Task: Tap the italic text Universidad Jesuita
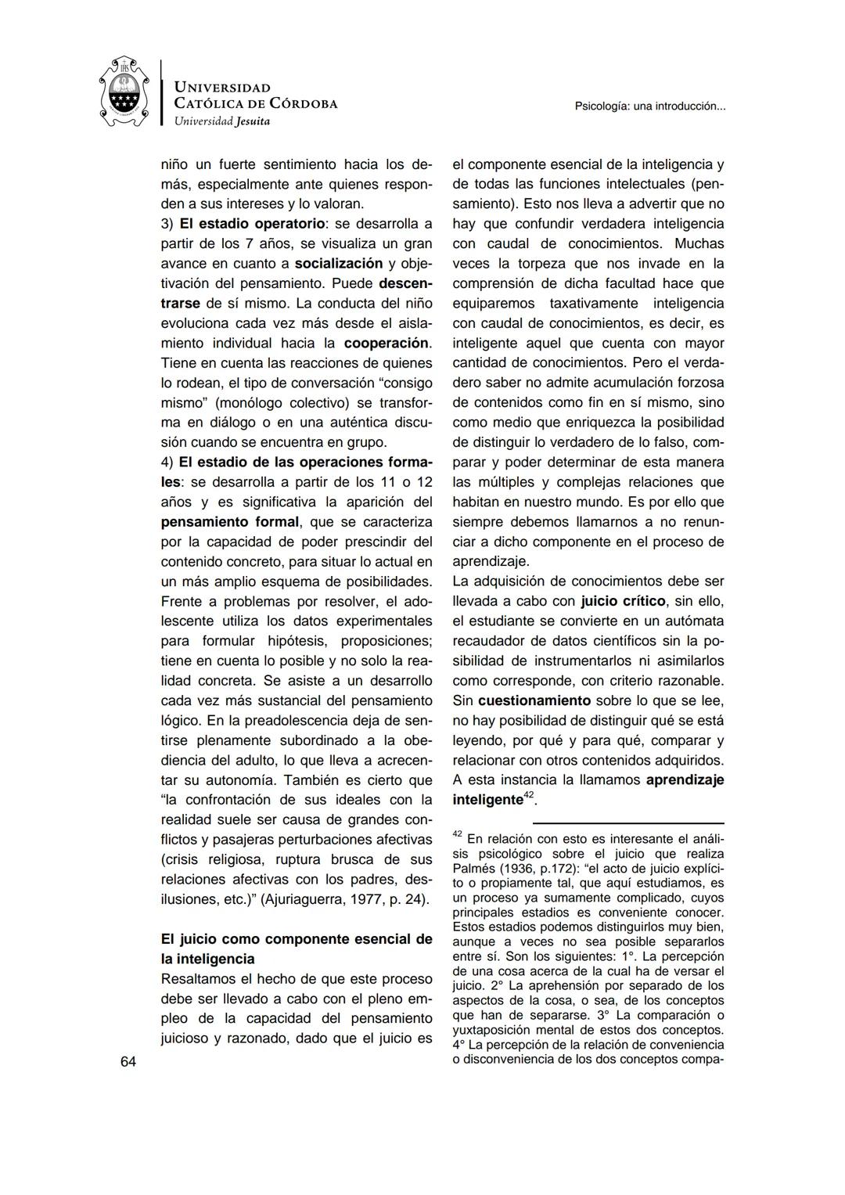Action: pyautogui.click(x=221, y=121)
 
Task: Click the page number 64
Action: pyautogui.click(x=128, y=1061)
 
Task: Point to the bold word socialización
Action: pyautogui.click(x=338, y=264)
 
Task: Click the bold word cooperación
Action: pyautogui.click(x=387, y=343)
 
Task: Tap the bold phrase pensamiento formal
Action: pyautogui.click(x=229, y=521)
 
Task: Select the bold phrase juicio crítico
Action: pyautogui.click(x=623, y=601)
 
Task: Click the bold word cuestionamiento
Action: pyautogui.click(x=534, y=700)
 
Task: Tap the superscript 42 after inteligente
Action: pyautogui.click(x=528, y=795)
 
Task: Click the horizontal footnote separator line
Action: pyautogui.click(x=627, y=822)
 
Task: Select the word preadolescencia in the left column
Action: pyautogui.click(x=295, y=720)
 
